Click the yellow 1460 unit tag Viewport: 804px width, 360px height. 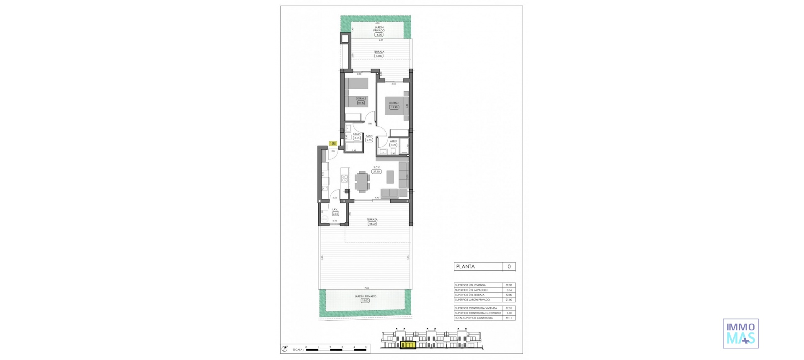(x=333, y=144)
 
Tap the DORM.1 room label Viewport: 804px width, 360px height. (x=394, y=103)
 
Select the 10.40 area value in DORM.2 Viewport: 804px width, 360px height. (x=361, y=103)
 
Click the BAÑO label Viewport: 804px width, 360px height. (x=356, y=134)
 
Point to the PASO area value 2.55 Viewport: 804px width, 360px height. (x=369, y=140)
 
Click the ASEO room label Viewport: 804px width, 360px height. (x=393, y=141)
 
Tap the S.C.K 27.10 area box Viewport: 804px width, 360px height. (x=376, y=172)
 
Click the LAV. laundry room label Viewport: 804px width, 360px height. (x=335, y=209)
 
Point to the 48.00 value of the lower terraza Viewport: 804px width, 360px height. (x=372, y=224)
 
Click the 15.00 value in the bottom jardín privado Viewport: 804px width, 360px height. (x=365, y=301)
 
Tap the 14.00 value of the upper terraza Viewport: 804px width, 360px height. (x=379, y=56)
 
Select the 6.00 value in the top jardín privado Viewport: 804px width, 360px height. (x=379, y=35)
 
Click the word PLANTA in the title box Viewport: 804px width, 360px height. (x=465, y=267)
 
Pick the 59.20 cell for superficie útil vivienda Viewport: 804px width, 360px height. (x=509, y=285)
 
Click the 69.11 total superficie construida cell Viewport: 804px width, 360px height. (x=509, y=318)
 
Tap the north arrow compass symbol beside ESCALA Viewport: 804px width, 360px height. (x=285, y=348)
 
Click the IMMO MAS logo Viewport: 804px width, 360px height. (x=740, y=333)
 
